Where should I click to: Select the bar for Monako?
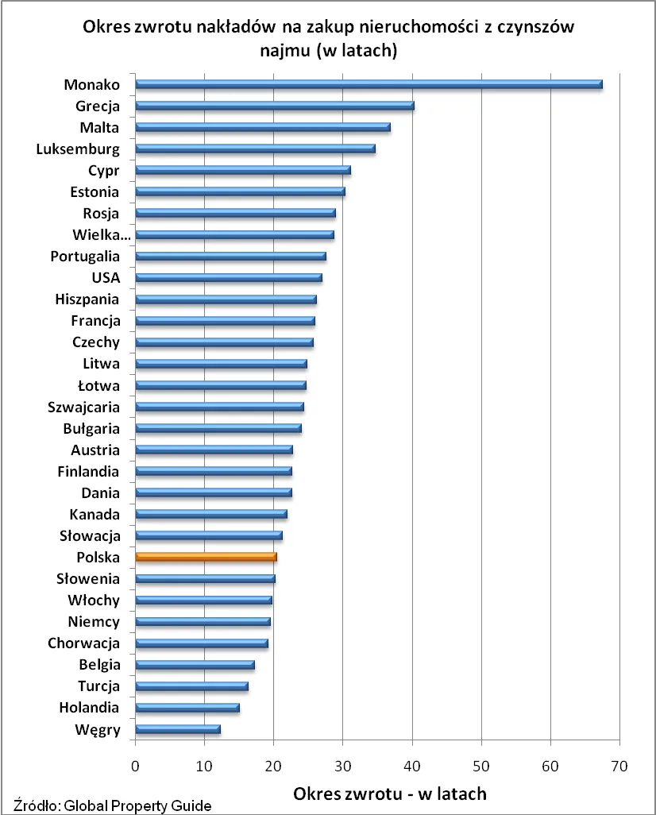click(369, 84)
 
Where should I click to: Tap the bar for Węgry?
click(178, 729)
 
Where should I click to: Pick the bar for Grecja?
click(275, 106)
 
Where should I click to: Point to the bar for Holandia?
click(187, 708)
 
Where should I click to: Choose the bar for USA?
click(229, 278)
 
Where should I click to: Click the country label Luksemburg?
click(78, 149)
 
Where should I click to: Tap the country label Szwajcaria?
click(83, 407)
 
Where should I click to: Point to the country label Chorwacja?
click(83, 643)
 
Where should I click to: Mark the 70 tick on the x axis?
click(619, 767)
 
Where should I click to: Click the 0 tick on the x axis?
click(136, 767)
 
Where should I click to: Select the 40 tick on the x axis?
click(412, 767)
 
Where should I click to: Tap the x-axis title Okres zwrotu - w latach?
click(390, 794)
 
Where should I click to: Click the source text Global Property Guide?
click(135, 805)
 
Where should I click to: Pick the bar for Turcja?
click(192, 686)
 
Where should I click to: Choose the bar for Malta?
click(263, 127)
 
